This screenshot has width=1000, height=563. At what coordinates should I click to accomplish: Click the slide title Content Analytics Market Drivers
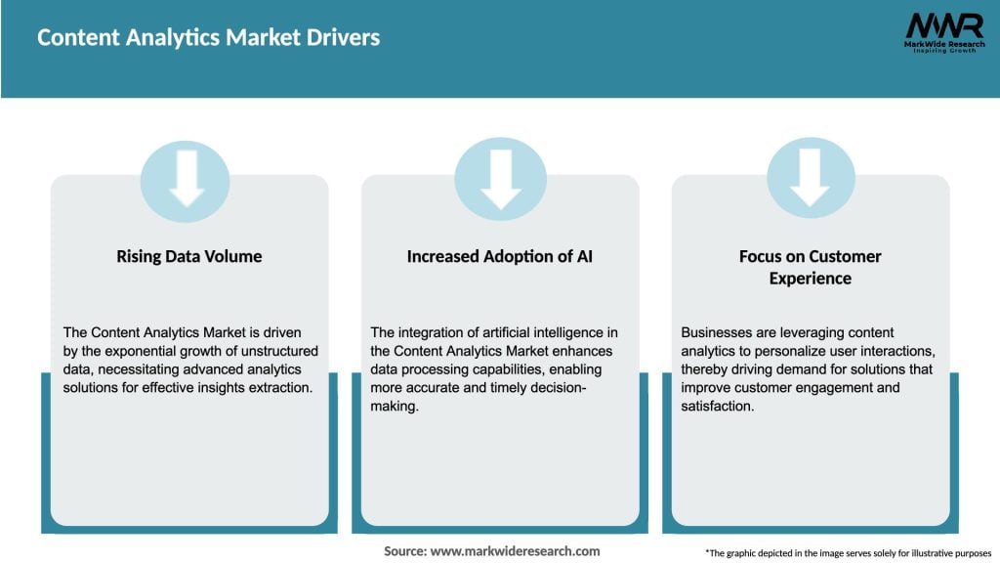(x=208, y=38)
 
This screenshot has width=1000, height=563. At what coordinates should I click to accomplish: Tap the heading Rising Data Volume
(x=189, y=257)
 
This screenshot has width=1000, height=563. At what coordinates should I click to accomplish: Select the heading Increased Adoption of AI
(x=500, y=257)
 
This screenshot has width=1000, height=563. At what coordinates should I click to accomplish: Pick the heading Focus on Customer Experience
(x=810, y=267)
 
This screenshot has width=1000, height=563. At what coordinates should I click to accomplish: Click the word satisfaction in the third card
(x=718, y=405)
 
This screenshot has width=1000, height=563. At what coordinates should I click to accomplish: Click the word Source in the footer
(x=405, y=551)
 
